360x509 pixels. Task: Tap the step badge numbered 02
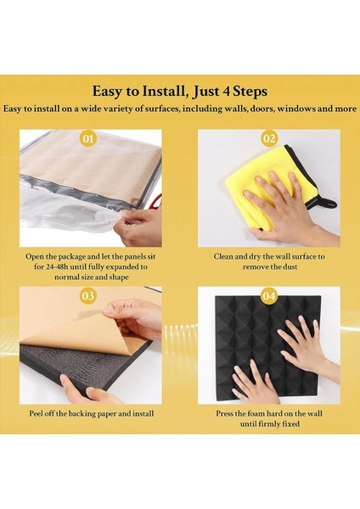pos(269,137)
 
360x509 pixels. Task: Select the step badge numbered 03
pos(87,296)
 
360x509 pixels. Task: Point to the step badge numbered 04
pos(269,296)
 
